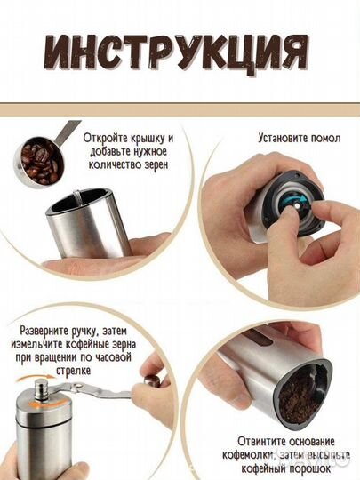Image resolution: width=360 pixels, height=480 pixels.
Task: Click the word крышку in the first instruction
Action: coord(142,140)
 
